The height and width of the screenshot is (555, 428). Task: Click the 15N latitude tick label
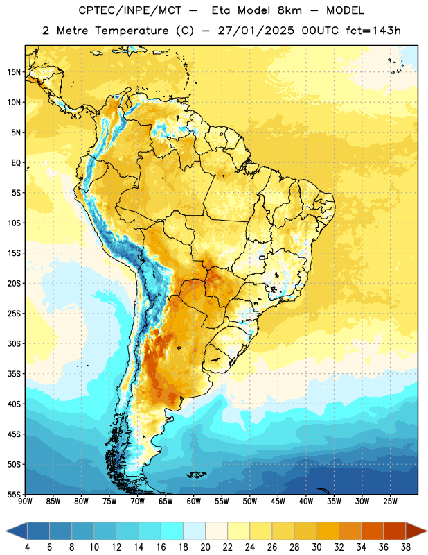click(14, 72)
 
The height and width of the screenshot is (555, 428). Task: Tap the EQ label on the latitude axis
click(16, 163)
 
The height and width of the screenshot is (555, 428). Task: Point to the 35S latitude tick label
click(14, 374)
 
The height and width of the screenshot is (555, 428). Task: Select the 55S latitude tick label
click(14, 495)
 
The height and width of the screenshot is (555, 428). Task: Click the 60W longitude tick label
click(194, 502)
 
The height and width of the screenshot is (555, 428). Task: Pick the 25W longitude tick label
click(390, 502)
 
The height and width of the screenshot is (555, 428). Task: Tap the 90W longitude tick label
click(25, 502)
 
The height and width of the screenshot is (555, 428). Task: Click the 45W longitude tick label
click(278, 502)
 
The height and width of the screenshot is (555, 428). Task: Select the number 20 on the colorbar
click(205, 547)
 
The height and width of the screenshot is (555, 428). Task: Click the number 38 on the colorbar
click(406, 547)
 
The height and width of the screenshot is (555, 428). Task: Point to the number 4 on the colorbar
click(27, 547)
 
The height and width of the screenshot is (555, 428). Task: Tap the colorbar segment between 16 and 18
click(172, 531)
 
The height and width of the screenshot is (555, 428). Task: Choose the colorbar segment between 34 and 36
click(373, 531)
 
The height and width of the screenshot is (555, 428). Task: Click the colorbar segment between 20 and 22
click(217, 531)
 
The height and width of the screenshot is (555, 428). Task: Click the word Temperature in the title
click(132, 31)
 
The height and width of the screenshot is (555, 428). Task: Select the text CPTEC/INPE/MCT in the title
click(130, 11)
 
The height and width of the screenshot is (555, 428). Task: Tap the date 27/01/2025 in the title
click(256, 31)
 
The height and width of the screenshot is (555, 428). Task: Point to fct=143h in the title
click(373, 31)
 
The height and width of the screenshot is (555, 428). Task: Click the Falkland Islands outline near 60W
click(197, 475)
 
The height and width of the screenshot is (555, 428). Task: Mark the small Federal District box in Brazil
click(262, 257)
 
